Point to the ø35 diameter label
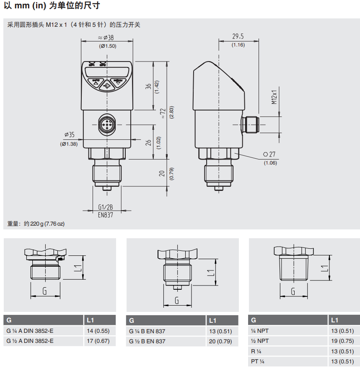pos(69,135)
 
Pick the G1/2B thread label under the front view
pos(106,207)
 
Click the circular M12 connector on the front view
pos(106,124)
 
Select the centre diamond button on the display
pos(107,86)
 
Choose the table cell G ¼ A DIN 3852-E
pos(30,331)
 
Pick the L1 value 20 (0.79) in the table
pos(220,342)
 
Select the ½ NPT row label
pos(260,341)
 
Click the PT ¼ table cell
pos(258,361)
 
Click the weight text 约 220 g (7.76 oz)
pos(44,224)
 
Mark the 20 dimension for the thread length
pos(161,173)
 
